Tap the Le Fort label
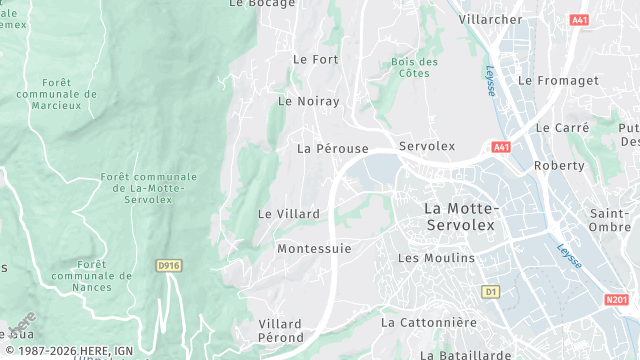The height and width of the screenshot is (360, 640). (315, 59)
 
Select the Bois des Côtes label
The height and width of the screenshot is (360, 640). (415, 67)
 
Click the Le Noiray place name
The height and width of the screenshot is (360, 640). (308, 101)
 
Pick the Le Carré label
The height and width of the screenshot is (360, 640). (562, 128)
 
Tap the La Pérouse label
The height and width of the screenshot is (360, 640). (333, 148)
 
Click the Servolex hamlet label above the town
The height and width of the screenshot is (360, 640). (427, 146)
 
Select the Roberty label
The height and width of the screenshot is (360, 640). (559, 166)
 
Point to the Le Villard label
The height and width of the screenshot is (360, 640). (289, 214)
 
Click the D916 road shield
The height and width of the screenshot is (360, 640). (169, 265)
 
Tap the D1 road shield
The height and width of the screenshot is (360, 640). (490, 291)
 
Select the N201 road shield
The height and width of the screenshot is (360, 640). (617, 299)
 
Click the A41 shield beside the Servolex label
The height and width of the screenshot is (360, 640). (501, 148)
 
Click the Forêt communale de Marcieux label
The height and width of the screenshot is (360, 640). (57, 95)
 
